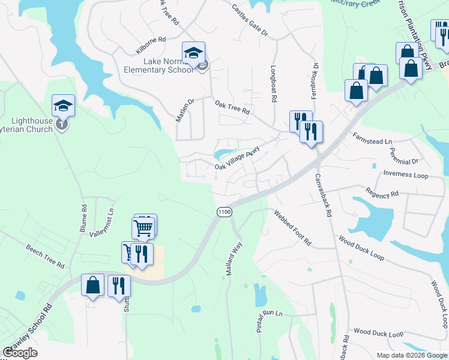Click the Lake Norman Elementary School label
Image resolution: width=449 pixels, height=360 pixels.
[x=160, y=65]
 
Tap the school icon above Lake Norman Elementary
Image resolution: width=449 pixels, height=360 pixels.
[x=193, y=53]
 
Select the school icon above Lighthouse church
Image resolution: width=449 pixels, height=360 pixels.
[x=63, y=106]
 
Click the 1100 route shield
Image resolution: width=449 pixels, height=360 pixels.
[x=224, y=212]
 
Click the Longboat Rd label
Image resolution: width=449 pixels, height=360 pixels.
[x=274, y=83]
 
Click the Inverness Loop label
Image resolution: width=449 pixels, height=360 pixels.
[x=405, y=175]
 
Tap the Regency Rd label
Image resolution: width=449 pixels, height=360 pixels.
[x=382, y=194]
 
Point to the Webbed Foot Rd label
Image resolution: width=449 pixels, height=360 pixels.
[x=292, y=227]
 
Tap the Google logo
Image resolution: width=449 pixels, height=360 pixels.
[x=20, y=353]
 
